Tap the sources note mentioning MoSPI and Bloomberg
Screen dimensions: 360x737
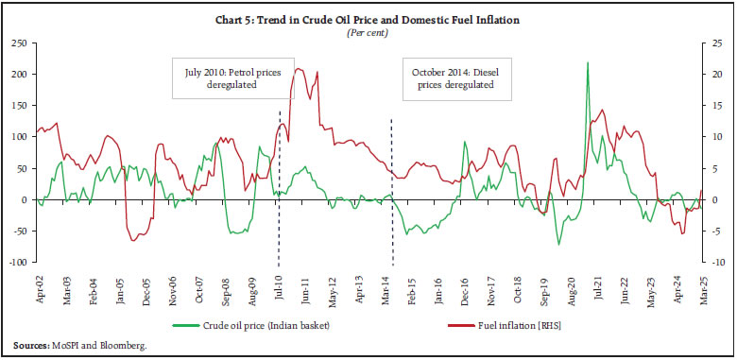(x=80, y=346)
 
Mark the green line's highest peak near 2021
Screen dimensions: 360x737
(x=588, y=62)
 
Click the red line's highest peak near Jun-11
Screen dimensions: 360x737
(x=299, y=68)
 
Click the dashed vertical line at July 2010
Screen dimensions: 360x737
(x=279, y=189)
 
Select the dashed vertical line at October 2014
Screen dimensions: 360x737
(x=392, y=189)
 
